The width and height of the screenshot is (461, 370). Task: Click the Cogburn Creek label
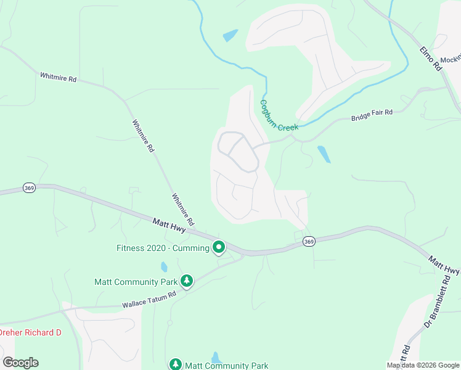click(279, 116)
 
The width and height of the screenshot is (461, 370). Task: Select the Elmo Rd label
click(431, 59)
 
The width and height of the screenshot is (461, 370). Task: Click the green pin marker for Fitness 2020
click(218, 248)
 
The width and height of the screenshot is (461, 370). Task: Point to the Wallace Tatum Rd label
click(149, 300)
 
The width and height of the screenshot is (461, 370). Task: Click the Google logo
click(20, 362)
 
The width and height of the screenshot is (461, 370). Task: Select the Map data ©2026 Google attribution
click(423, 365)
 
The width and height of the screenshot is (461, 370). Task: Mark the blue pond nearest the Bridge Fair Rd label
click(324, 154)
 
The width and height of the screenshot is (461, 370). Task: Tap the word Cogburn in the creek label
click(269, 110)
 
